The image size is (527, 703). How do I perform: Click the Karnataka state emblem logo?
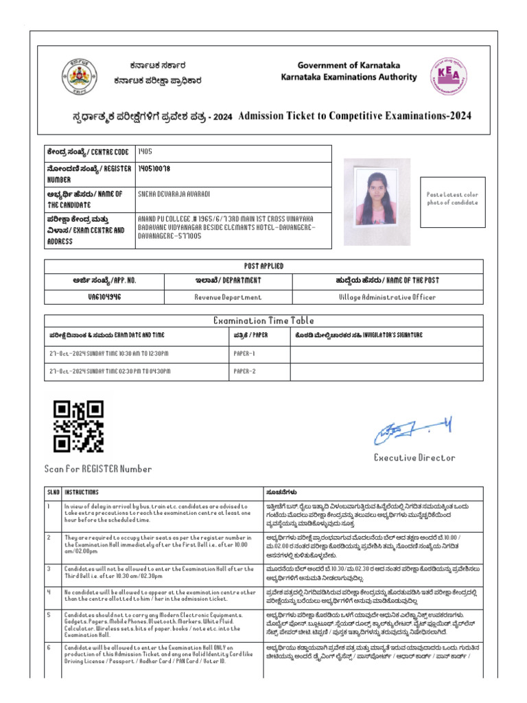click(80, 76)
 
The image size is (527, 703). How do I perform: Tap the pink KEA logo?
click(446, 76)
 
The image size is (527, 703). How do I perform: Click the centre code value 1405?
click(145, 150)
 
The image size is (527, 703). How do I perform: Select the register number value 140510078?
click(154, 168)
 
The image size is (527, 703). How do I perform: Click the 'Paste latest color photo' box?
click(452, 198)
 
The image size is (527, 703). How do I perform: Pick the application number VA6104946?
click(104, 297)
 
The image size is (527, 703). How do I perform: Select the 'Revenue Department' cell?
click(228, 297)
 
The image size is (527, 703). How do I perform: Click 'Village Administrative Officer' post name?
click(387, 297)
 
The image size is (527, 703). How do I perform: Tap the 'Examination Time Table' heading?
click(263, 320)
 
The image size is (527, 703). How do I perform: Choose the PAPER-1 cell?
click(244, 354)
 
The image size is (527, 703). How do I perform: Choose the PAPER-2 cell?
click(244, 371)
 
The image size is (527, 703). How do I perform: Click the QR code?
click(78, 426)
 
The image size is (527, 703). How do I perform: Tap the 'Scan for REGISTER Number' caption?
click(98, 469)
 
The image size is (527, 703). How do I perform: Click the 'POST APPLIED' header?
click(263, 266)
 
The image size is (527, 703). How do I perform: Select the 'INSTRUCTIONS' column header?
click(82, 492)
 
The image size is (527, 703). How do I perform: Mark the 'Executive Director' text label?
click(414, 457)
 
